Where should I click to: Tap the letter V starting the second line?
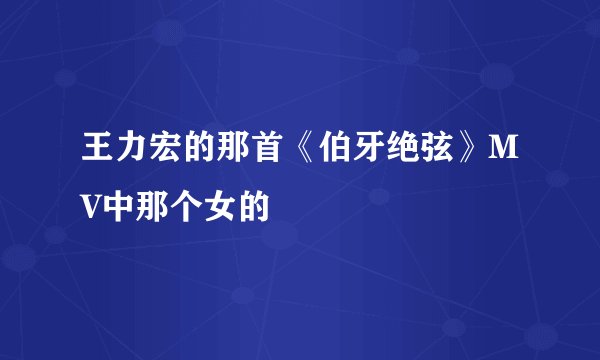point(91,192)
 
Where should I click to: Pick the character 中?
point(118,192)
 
